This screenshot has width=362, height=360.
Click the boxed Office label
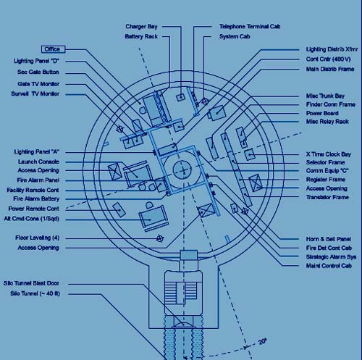click(53, 49)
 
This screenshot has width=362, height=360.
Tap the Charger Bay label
click(141, 26)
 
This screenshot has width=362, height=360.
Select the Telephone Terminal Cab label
click(250, 26)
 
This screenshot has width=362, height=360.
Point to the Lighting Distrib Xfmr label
click(332, 49)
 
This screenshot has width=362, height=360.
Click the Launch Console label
click(38, 162)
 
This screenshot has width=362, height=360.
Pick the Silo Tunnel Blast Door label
click(31, 283)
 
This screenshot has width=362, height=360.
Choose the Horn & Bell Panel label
click(329, 239)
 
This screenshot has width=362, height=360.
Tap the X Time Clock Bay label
click(329, 154)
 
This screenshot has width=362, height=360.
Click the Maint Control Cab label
click(329, 266)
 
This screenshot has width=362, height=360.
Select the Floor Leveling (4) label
click(38, 238)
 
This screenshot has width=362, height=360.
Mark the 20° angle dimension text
click(262, 341)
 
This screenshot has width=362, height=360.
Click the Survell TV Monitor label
click(35, 93)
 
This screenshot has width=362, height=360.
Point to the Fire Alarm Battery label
click(36, 198)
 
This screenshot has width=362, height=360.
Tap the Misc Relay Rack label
click(327, 122)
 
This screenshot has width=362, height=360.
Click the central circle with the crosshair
click(182, 169)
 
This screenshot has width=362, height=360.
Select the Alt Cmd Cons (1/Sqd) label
click(32, 219)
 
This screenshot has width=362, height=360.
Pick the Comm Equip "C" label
click(327, 171)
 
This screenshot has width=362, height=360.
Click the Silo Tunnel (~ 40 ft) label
click(35, 293)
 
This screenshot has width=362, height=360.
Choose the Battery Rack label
click(141, 36)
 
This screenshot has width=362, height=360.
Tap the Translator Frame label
click(327, 197)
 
